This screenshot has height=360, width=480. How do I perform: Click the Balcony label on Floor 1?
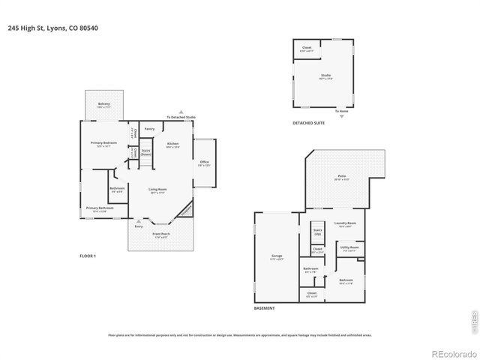click(x=103, y=104)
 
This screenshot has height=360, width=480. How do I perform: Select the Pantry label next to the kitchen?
click(x=149, y=128)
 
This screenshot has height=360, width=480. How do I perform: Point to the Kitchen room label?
click(x=172, y=144)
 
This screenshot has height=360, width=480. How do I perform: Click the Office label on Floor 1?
click(x=204, y=163)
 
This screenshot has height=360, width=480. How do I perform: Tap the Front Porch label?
click(x=161, y=236)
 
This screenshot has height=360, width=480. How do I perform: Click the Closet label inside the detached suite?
click(x=307, y=48)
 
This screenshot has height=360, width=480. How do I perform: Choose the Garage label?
click(x=277, y=257)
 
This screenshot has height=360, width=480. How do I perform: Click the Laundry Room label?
click(x=345, y=224)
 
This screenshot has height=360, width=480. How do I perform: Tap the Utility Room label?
click(x=349, y=247)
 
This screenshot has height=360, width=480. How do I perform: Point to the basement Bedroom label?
click(x=346, y=281)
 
